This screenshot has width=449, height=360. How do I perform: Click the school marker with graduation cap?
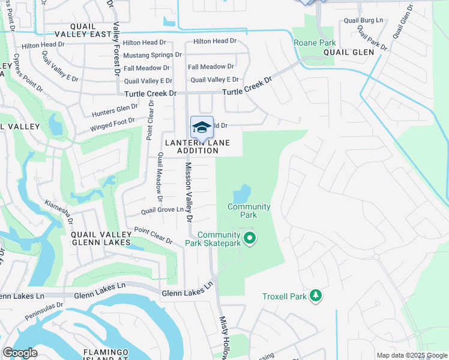click(x=202, y=128)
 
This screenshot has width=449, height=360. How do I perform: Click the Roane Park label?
click(x=315, y=43)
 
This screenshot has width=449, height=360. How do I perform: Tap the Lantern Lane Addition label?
click(x=197, y=146)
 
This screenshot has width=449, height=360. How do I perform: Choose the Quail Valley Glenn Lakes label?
click(x=101, y=238)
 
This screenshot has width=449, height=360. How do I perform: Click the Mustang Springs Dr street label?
click(x=152, y=55)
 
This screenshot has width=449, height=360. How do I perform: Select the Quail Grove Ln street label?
click(x=162, y=210)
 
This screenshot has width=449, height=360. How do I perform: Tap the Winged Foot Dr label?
click(x=112, y=124)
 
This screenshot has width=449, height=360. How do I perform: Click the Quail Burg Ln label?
click(x=363, y=20)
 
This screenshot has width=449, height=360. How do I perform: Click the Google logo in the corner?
click(x=20, y=353)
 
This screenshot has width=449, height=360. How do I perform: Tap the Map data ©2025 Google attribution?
click(x=411, y=355)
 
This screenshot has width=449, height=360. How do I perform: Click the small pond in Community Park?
click(x=241, y=193)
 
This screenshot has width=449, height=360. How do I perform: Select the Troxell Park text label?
click(x=284, y=296)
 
